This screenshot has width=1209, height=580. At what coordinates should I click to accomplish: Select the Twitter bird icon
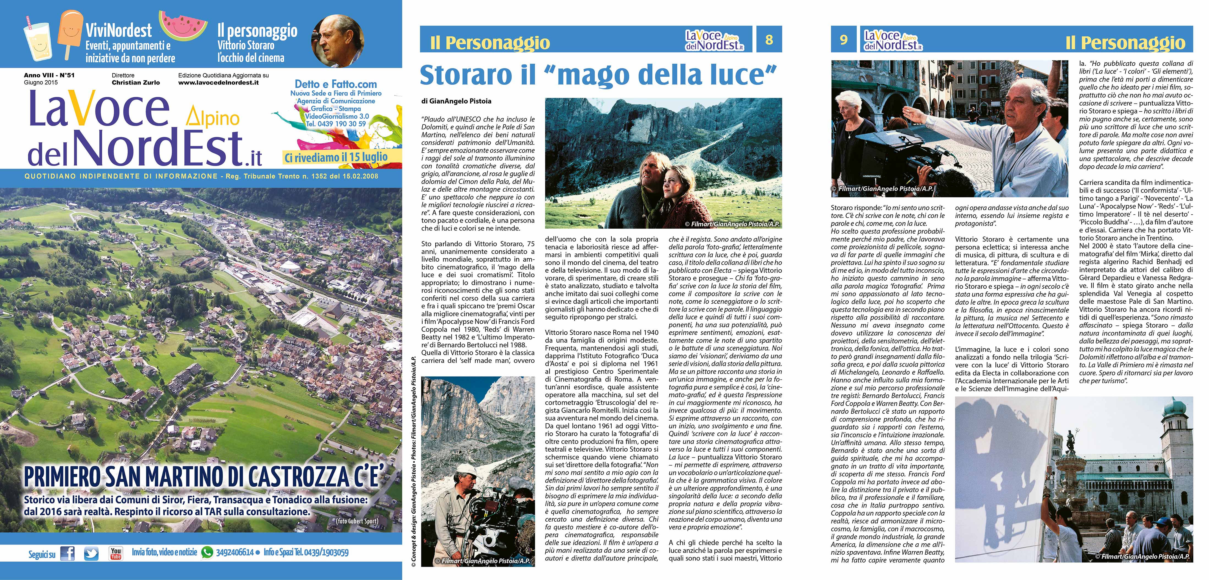91,554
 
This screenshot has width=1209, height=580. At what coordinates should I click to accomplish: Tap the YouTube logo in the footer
116,553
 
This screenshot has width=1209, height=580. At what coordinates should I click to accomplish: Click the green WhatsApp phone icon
207,553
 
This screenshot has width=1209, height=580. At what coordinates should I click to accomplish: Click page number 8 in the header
769,39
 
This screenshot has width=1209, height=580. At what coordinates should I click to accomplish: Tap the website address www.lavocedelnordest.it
218,83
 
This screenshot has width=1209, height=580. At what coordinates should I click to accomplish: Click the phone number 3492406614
235,553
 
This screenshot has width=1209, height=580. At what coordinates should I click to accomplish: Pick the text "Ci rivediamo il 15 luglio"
336,157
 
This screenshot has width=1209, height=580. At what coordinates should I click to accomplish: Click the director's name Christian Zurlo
136,83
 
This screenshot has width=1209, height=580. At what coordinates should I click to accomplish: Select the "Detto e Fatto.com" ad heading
336,85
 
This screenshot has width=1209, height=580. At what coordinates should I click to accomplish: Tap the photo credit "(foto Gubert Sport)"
357,521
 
